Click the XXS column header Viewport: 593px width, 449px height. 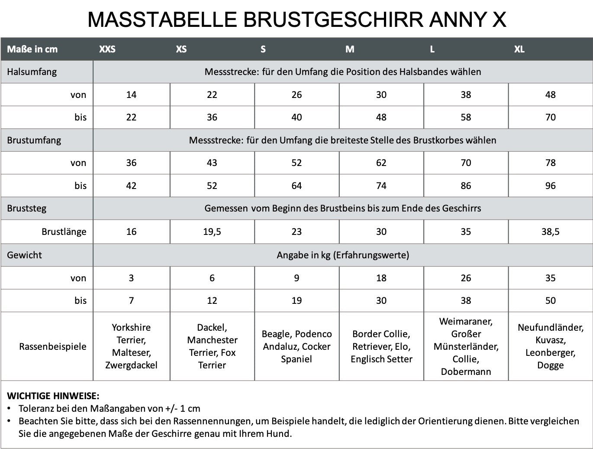(x=107, y=49)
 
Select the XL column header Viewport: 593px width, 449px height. (x=519, y=49)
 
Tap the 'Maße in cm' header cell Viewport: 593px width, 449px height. (x=32, y=49)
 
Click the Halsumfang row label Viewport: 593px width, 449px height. (x=32, y=72)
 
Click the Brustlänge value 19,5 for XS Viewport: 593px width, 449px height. (x=212, y=231)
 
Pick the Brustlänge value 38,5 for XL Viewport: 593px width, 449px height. (x=550, y=231)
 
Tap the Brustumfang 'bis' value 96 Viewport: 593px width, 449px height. (x=550, y=185)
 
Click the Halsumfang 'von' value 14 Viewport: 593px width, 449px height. (x=131, y=94)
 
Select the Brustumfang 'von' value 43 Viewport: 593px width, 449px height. (x=212, y=163)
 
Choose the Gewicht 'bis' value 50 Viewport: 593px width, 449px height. (x=550, y=300)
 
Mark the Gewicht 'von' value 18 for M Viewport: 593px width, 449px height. (x=381, y=278)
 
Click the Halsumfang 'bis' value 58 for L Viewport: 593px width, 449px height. (x=466, y=117)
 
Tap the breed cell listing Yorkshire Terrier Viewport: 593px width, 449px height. (x=131, y=346)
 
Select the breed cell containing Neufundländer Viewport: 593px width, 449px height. (x=550, y=346)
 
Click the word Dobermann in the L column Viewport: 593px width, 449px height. (x=466, y=371)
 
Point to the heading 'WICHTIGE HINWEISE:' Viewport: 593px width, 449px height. (x=53, y=396)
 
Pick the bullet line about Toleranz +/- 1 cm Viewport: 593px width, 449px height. (x=109, y=408)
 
